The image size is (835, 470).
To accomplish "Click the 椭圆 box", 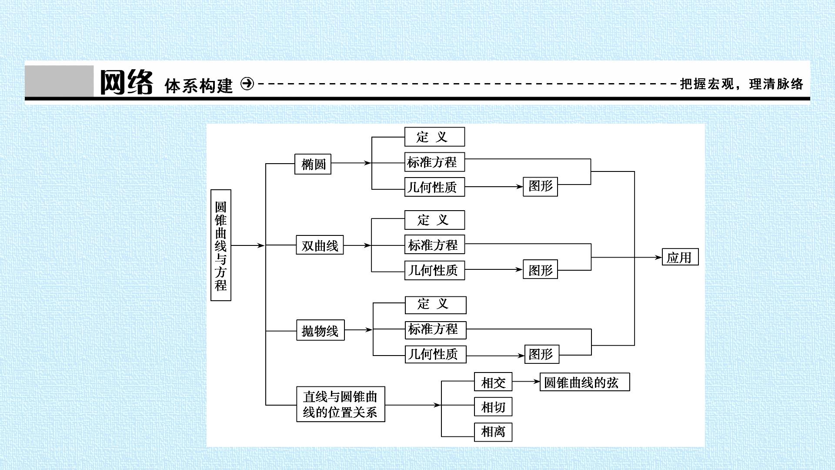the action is click(x=313, y=164).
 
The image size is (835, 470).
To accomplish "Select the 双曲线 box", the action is click(x=320, y=245).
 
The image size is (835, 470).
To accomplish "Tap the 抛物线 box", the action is click(x=320, y=330).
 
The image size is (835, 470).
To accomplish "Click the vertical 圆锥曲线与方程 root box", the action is click(x=220, y=245).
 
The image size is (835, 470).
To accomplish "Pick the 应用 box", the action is click(x=680, y=257).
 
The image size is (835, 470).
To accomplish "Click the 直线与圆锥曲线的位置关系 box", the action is click(x=341, y=404).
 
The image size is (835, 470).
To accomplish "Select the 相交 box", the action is click(x=493, y=382).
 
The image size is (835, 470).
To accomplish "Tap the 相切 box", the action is click(x=493, y=407).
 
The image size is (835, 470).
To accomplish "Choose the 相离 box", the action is click(x=493, y=432).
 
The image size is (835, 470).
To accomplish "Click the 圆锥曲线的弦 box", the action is click(x=584, y=382).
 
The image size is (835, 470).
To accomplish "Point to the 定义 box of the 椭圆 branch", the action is click(x=434, y=137).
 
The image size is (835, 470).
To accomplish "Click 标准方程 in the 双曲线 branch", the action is click(x=434, y=245).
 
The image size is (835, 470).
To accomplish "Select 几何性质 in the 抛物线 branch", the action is click(x=435, y=354).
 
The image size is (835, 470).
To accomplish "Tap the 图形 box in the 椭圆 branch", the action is click(x=540, y=186).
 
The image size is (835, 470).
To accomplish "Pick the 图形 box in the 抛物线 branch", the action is click(x=541, y=354).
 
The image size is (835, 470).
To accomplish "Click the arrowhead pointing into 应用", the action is click(x=658, y=257).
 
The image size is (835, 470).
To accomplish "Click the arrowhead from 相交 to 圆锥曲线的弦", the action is click(x=536, y=382).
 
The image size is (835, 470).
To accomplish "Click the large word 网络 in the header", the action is click(x=127, y=82).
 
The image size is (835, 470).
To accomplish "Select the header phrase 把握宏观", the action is click(x=707, y=84).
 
